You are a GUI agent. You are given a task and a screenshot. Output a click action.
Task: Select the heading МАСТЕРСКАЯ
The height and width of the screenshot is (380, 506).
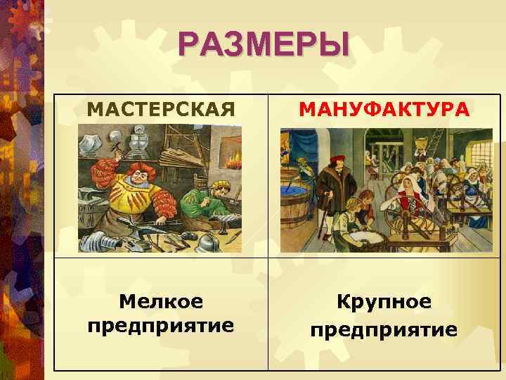(160, 110)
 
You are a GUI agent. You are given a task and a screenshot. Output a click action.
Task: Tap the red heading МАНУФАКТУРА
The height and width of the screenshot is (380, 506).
(383, 110)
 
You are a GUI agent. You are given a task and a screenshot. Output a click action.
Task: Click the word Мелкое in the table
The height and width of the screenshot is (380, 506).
(161, 302)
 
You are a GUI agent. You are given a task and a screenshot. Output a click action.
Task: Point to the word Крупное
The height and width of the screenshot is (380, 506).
(384, 302)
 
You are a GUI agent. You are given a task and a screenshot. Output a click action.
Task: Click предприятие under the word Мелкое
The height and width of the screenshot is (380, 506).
(161, 327)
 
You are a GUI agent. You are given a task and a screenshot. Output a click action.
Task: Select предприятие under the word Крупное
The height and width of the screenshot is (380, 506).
(384, 329)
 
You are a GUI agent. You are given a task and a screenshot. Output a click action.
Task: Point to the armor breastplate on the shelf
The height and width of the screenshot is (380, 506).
(137, 137)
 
